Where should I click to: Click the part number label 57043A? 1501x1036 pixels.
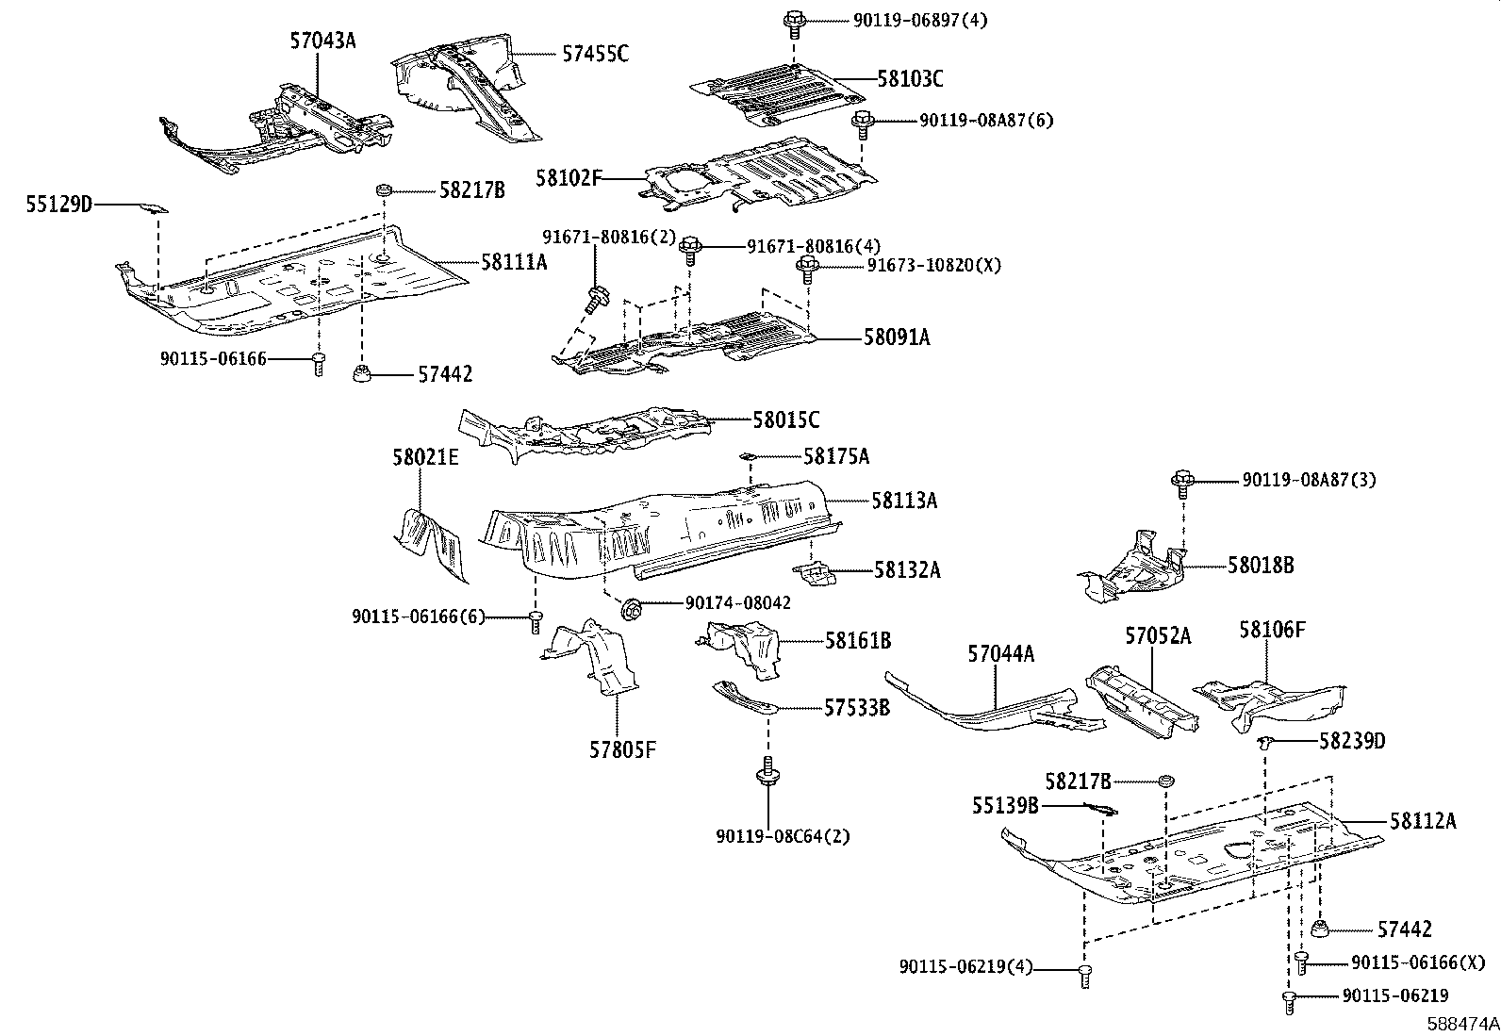(323, 41)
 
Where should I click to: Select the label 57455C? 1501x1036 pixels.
(595, 54)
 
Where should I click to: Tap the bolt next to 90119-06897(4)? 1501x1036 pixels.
(794, 25)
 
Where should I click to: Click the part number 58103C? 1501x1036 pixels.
(910, 79)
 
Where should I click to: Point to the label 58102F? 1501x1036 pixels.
(569, 178)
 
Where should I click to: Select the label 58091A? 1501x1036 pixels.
(897, 337)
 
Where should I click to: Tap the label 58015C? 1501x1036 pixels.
(786, 420)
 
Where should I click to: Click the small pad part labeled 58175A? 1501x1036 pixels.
(749, 456)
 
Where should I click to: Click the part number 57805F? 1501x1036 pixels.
(622, 749)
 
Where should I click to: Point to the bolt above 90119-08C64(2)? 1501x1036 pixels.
(767, 773)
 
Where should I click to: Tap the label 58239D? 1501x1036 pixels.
(1352, 741)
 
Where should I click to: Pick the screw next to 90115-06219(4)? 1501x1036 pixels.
(1085, 977)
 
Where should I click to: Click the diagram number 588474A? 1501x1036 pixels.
(1462, 1024)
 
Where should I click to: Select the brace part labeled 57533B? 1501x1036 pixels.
(745, 698)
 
